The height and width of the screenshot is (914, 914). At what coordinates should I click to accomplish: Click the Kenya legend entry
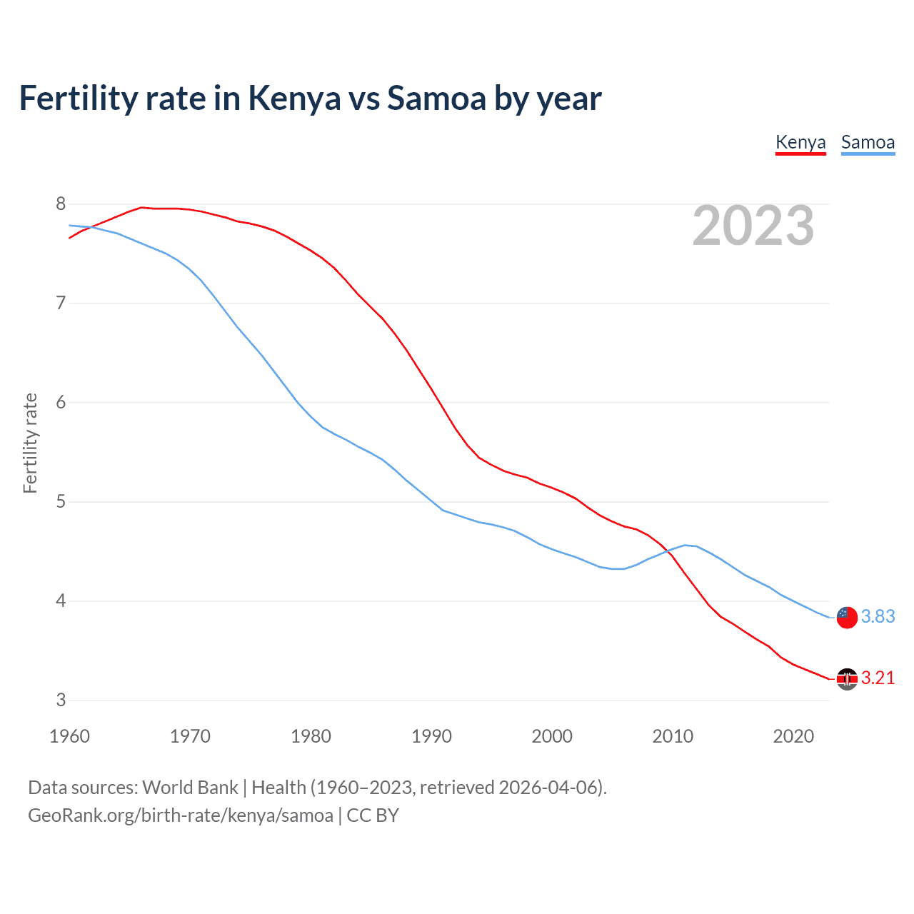click(x=800, y=142)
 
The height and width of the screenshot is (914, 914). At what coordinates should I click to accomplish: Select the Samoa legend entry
click(x=868, y=142)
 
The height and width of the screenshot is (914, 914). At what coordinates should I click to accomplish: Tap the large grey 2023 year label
click(x=753, y=226)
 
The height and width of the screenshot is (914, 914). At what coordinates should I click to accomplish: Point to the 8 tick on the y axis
click(x=61, y=204)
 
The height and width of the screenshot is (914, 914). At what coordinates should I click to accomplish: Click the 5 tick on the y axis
click(x=61, y=502)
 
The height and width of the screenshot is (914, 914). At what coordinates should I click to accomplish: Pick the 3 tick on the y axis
click(x=61, y=700)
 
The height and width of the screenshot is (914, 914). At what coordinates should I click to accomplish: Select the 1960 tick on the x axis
click(x=69, y=736)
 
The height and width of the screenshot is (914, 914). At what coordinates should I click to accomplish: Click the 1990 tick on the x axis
click(x=431, y=736)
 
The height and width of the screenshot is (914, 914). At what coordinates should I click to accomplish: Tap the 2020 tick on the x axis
click(x=793, y=736)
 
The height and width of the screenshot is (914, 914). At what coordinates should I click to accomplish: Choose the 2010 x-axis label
click(x=673, y=736)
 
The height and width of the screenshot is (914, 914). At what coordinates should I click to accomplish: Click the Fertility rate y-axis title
click(x=30, y=443)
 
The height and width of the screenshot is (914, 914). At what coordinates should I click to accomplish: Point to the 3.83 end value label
click(x=878, y=616)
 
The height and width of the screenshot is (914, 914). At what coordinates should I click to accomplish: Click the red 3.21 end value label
click(x=878, y=678)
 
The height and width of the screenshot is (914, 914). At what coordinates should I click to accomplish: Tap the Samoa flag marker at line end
click(x=847, y=617)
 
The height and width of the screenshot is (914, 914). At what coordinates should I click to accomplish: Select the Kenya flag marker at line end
click(x=847, y=679)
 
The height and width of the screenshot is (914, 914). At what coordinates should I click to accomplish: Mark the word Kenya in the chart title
click(x=294, y=98)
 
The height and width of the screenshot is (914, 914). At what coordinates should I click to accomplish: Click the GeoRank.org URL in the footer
click(x=180, y=815)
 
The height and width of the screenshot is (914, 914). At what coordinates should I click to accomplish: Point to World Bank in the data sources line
click(x=190, y=788)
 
